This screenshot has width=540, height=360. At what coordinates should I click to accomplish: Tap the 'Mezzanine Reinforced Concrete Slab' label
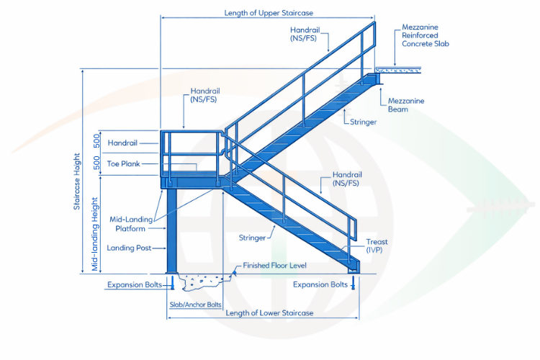(422, 35)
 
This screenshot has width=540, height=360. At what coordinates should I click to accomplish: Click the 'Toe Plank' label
(123, 164)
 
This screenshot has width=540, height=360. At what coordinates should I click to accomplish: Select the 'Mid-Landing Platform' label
(127, 224)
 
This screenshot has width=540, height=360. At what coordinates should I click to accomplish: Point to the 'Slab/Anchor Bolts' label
(195, 305)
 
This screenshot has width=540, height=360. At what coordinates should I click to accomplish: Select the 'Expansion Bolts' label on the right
(319, 284)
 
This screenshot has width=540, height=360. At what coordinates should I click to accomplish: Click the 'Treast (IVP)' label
(377, 246)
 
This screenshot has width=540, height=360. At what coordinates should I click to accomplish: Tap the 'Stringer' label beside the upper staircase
(364, 122)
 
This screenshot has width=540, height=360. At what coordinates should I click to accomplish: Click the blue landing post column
(173, 230)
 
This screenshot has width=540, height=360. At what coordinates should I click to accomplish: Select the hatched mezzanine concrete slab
(399, 71)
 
